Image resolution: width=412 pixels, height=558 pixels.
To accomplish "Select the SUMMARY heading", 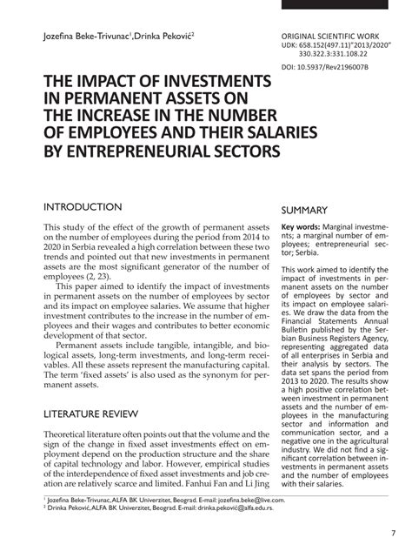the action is click(x=303, y=211).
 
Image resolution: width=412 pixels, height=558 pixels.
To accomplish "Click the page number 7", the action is click(x=392, y=534).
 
